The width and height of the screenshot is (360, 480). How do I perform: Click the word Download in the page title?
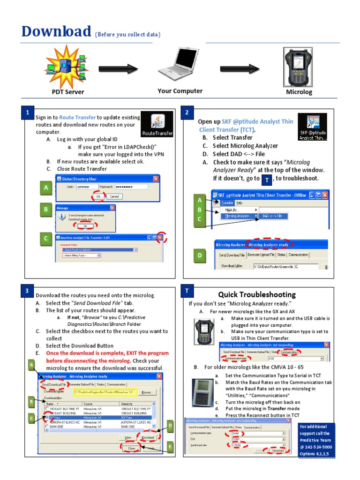(56, 31)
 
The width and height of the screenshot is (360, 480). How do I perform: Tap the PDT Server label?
(67, 92)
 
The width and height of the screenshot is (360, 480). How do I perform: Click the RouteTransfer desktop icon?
(157, 125)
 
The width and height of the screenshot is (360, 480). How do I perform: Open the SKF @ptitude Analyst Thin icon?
(313, 127)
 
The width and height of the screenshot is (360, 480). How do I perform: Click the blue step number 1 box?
(28, 113)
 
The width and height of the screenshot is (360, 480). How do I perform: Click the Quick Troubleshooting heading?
(257, 295)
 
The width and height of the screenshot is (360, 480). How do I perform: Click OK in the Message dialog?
(85, 226)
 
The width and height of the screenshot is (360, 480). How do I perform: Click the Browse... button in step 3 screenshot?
(146, 392)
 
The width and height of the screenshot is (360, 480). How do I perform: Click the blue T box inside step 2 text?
(266, 180)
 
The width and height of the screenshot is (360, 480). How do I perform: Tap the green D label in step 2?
(200, 256)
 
